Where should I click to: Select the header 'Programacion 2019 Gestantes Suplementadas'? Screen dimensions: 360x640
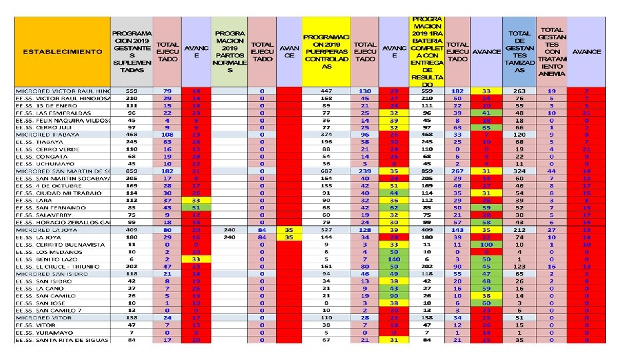pyautogui.click(x=132, y=52)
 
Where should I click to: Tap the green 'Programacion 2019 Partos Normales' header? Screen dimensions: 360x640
pyautogui.click(x=229, y=52)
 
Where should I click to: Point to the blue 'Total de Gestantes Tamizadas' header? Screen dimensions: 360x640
pyautogui.click(x=519, y=52)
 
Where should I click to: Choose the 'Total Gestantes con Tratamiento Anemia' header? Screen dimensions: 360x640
pyautogui.click(x=551, y=52)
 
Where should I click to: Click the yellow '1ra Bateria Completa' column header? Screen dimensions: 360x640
pyautogui.click(x=427, y=52)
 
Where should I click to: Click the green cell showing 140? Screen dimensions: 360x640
pyautogui.click(x=395, y=259)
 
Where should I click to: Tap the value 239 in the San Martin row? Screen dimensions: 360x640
pyautogui.click(x=365, y=171)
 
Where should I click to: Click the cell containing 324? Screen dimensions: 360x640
pyautogui.click(x=519, y=171)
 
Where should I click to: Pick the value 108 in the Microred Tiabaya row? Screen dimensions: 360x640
pyautogui.click(x=167, y=134)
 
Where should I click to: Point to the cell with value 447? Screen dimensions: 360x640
pyautogui.click(x=326, y=90)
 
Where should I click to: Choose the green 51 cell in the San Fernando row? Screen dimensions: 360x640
pyautogui.click(x=196, y=207)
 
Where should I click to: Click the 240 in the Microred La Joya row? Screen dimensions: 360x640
pyautogui.click(x=229, y=229)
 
